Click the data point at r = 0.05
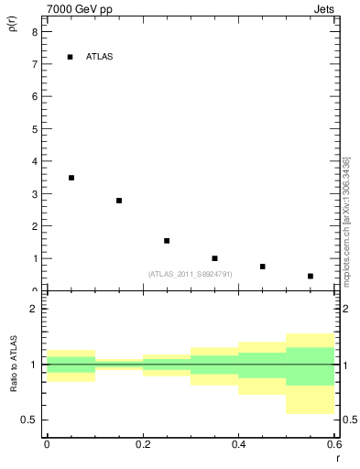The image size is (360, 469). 71,178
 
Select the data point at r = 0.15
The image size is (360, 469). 119,201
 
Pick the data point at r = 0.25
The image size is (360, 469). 167,241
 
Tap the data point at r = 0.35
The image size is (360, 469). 214,258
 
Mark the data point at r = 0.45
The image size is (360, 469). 262,267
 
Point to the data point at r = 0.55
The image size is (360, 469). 311,276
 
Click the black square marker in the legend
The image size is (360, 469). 71,57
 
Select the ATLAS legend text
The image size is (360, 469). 99,57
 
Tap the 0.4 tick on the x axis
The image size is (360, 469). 238,446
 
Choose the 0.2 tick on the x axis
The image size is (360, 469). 142,446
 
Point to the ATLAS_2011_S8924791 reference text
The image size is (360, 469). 190,274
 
